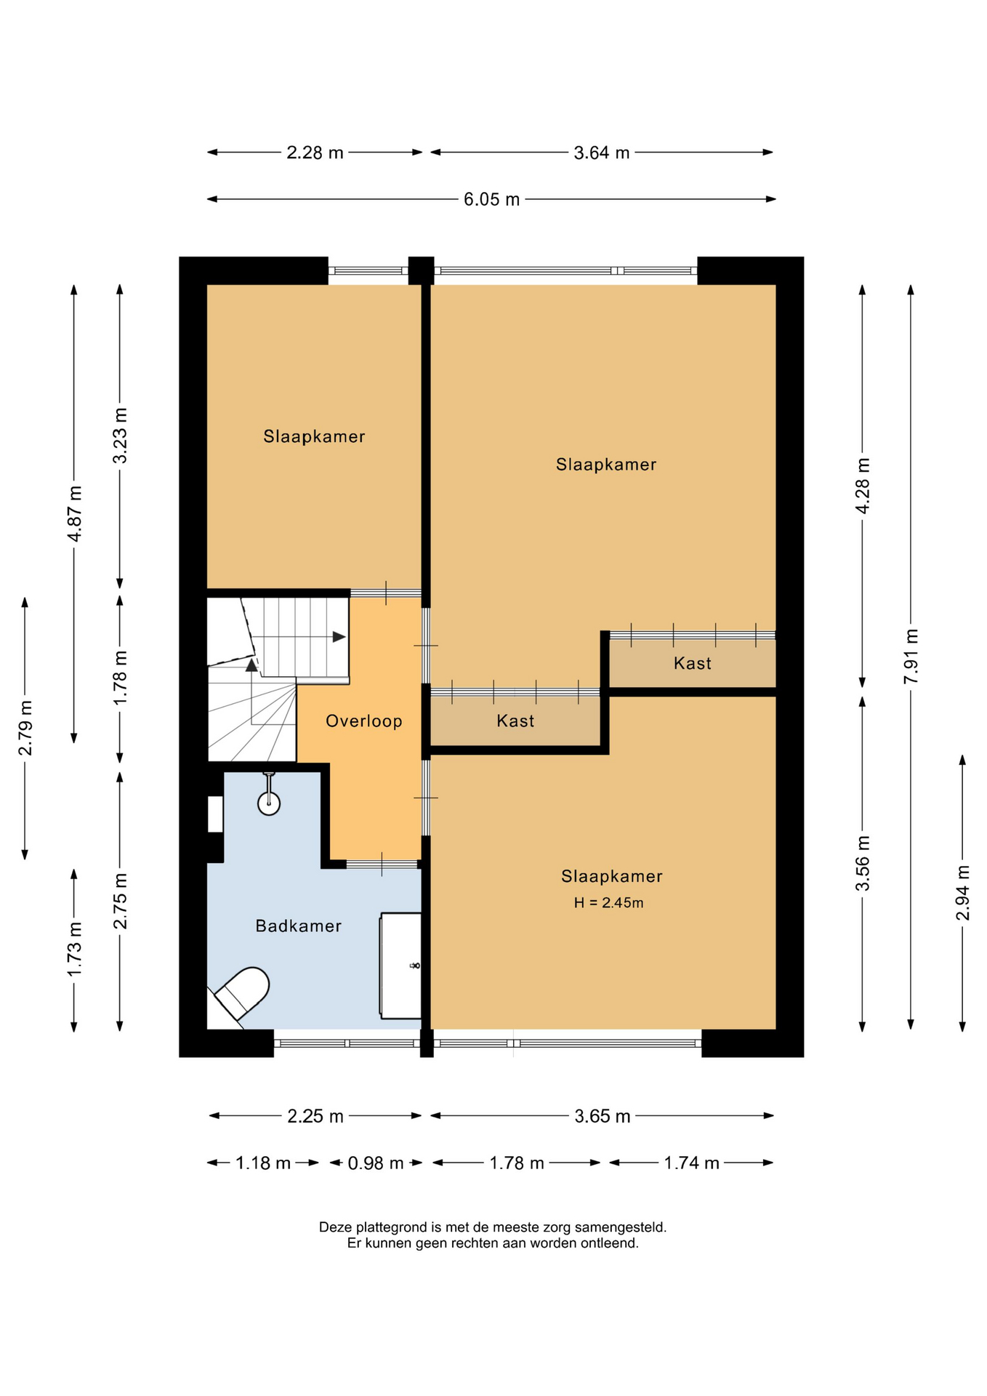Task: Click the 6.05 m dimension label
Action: [492, 199]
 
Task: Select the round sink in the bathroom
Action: [269, 803]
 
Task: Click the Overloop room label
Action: [363, 721]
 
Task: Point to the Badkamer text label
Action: [299, 926]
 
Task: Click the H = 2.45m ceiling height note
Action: [609, 903]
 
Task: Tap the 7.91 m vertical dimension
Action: [911, 657]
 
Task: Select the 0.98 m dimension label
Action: [376, 1163]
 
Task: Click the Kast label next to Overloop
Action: [515, 721]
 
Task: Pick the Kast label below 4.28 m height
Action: [693, 663]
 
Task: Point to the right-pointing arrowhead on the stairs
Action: [339, 637]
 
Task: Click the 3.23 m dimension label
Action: [120, 436]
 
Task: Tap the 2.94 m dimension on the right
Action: [963, 893]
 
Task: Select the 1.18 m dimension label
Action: [263, 1163]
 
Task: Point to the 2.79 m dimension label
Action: [25, 729]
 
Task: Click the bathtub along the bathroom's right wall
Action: [400, 966]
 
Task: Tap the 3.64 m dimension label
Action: [602, 153]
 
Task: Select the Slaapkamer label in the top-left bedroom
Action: [314, 436]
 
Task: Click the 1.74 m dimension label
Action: [692, 1163]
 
